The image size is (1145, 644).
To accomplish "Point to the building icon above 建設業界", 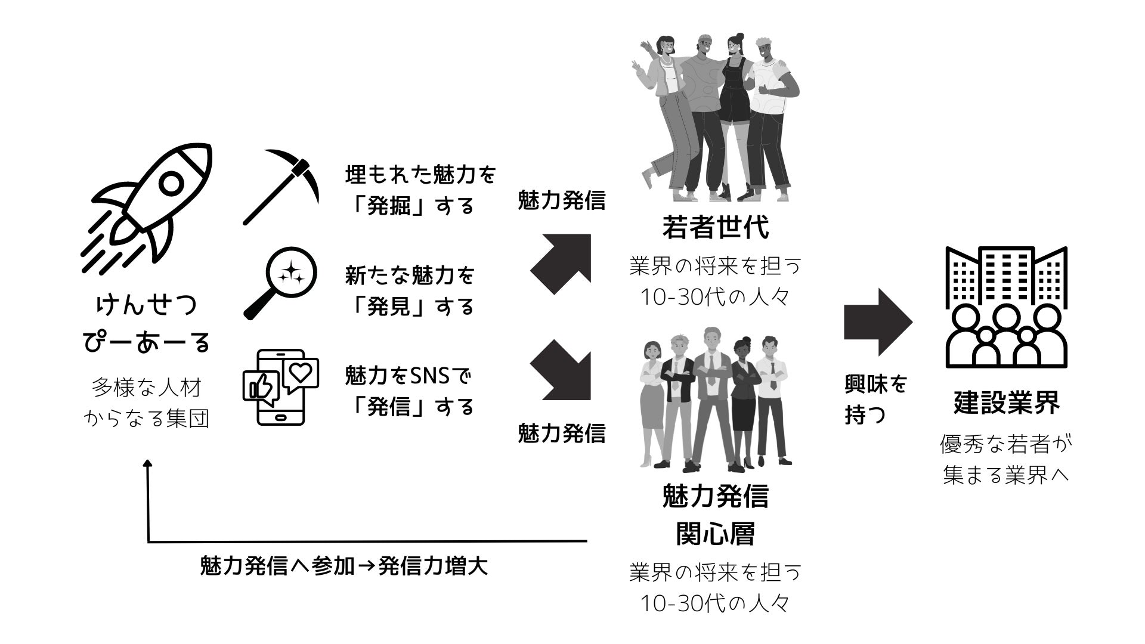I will click(x=1006, y=306).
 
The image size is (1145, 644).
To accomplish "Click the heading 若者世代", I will click(x=715, y=227).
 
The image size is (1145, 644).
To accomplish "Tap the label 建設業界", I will click(x=1006, y=402).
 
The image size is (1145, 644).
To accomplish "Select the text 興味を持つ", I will click(x=875, y=400).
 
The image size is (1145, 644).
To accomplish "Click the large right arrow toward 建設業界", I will click(x=877, y=322).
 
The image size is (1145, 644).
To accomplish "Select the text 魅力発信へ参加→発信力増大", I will click(x=344, y=565).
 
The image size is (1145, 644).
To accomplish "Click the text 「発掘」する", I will click(x=411, y=206).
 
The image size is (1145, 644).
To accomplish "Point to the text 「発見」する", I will click(x=411, y=306).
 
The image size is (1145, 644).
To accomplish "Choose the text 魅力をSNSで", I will click(x=409, y=376).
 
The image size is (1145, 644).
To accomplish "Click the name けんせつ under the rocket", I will click(x=147, y=305).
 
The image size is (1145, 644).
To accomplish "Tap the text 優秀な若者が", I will click(x=1006, y=444).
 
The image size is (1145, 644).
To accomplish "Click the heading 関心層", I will click(x=715, y=533).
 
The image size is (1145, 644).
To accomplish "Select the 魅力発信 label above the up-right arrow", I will click(x=561, y=201).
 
